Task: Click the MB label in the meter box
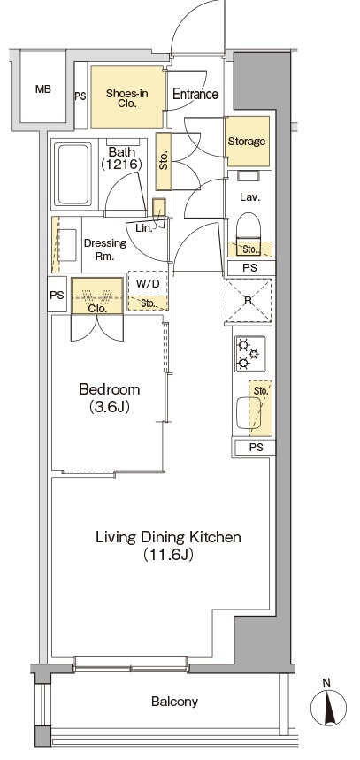(x=43, y=89)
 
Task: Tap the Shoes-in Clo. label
(x=127, y=97)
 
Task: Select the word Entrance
(x=195, y=94)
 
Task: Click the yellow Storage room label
(x=247, y=141)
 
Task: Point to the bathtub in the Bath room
(x=73, y=174)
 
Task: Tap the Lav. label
(x=250, y=197)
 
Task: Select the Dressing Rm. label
(x=105, y=249)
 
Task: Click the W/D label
(x=148, y=284)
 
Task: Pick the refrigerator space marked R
(x=249, y=301)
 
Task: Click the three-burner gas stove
(x=250, y=354)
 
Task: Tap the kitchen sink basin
(x=249, y=411)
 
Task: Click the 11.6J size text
(x=168, y=555)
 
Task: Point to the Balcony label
(x=174, y=702)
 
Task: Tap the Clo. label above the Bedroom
(x=97, y=308)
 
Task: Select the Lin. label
(x=144, y=228)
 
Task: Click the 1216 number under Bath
(x=121, y=164)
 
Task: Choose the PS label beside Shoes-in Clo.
(x=80, y=96)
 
